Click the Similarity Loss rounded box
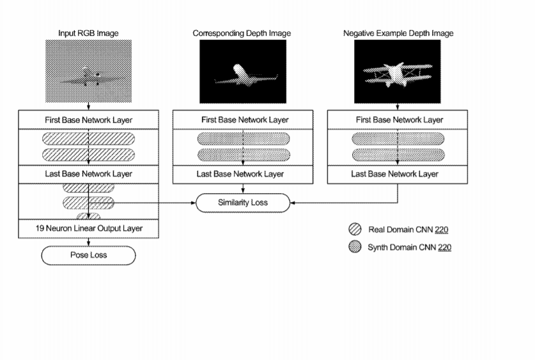pyautogui.click(x=243, y=203)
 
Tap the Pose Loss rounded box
pyautogui.click(x=88, y=255)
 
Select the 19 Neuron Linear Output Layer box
pyautogui.click(x=88, y=228)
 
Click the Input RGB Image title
pyautogui.click(x=88, y=33)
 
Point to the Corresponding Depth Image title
pyautogui.click(x=242, y=33)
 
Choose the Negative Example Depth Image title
pyautogui.click(x=398, y=33)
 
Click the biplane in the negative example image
pyautogui.click(x=398, y=74)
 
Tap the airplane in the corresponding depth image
pyautogui.click(x=245, y=75)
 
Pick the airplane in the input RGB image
pyautogui.click(x=90, y=77)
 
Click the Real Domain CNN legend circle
pyautogui.click(x=355, y=230)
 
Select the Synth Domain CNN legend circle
pyautogui.click(x=355, y=247)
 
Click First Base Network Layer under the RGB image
pyautogui.click(x=88, y=120)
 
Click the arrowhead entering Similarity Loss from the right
pyautogui.click(x=292, y=203)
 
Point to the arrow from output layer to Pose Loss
pyautogui.click(x=88, y=242)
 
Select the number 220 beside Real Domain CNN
pyautogui.click(x=442, y=230)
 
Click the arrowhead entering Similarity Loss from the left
pyautogui.click(x=194, y=203)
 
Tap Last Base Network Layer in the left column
pyautogui.click(x=88, y=174)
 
